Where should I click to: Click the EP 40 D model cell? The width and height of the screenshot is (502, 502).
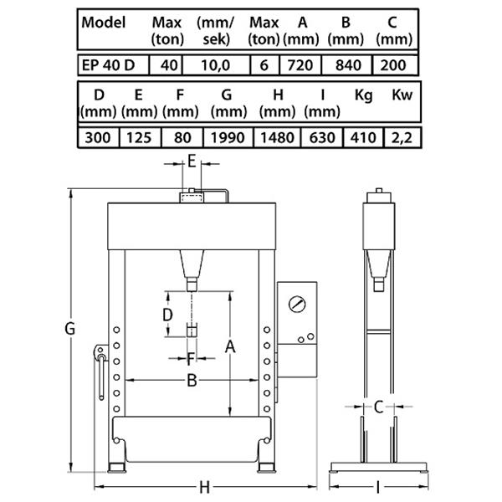[x=113, y=65]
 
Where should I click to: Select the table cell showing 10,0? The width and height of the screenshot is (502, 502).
[x=216, y=65]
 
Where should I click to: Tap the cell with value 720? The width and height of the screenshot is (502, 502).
[x=300, y=65]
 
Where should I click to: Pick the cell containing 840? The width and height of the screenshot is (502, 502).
[x=347, y=65]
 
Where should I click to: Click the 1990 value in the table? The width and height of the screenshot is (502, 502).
[x=228, y=138]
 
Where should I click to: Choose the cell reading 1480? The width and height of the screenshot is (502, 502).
[x=277, y=138]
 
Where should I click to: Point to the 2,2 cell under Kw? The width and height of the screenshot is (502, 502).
[x=402, y=138]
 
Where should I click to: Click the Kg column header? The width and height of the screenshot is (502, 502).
[x=364, y=95]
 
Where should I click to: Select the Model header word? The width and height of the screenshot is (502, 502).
[x=104, y=23]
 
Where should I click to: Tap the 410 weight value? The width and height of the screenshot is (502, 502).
[x=363, y=138]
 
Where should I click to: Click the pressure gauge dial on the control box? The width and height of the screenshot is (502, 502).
[x=297, y=305]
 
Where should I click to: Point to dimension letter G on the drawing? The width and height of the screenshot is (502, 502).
[x=69, y=329]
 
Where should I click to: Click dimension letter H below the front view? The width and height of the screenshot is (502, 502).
[x=205, y=488]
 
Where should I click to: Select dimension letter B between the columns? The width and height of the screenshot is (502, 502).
[x=192, y=381]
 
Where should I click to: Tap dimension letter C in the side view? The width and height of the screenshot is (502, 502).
[x=379, y=407]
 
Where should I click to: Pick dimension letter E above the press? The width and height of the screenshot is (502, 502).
[x=192, y=161]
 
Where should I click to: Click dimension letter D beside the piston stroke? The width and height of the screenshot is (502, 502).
[x=168, y=315]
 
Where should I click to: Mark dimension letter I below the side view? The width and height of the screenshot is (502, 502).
[x=378, y=488]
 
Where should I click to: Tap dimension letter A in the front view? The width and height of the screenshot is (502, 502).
[x=230, y=346]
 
